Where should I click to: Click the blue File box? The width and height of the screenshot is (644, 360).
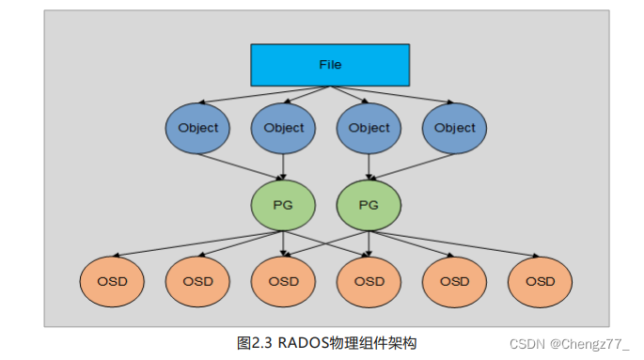click(329, 65)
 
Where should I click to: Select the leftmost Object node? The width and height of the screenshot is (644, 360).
click(197, 128)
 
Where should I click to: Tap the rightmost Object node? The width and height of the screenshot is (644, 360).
click(455, 128)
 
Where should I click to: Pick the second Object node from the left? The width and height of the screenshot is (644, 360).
click(283, 128)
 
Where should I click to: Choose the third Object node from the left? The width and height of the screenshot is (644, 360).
click(369, 128)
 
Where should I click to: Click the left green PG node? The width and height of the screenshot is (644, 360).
click(283, 204)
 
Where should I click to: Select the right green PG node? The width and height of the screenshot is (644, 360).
click(369, 204)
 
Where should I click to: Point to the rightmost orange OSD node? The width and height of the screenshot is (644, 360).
click(540, 281)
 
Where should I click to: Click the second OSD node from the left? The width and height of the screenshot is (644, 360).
click(197, 281)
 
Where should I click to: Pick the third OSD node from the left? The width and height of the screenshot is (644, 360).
click(283, 281)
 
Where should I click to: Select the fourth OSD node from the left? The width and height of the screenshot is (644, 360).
click(369, 281)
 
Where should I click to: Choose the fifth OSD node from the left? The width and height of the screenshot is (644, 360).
click(455, 281)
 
